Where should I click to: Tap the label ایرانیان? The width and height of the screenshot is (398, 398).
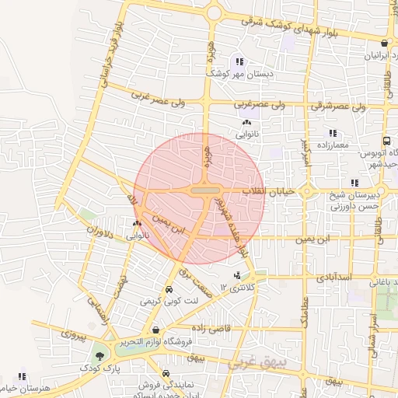point(375,57)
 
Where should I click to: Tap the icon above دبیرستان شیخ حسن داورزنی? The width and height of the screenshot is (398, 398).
point(354,182)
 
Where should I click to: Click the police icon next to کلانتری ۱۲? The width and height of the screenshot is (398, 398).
point(236,275)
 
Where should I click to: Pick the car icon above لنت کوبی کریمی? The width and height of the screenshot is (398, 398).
point(169,287)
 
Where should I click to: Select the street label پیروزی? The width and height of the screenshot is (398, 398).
point(71,337)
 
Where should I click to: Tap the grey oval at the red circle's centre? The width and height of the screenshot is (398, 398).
point(205,190)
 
